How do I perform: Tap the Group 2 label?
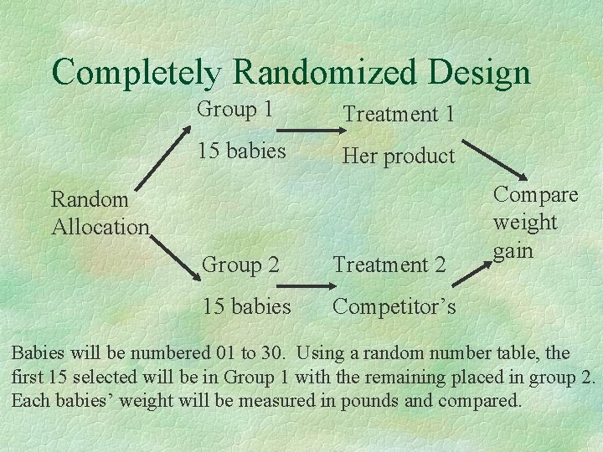(240, 265)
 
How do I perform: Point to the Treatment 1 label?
(399, 113)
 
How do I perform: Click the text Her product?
(399, 156)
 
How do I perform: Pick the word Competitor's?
(394, 307)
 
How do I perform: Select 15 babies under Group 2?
(246, 306)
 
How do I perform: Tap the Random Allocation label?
(100, 213)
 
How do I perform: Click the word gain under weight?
(513, 251)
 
